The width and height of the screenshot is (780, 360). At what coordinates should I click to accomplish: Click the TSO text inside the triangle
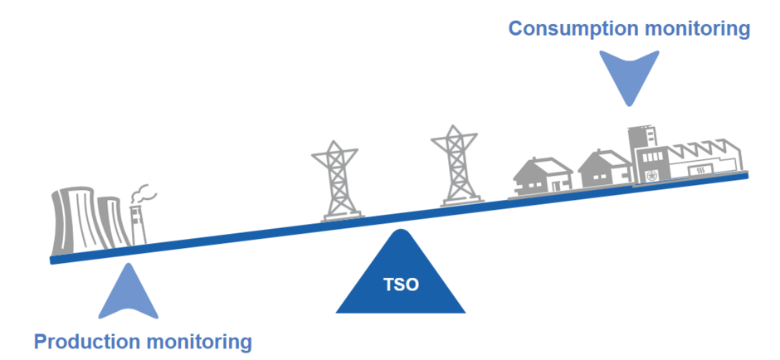coord(401,285)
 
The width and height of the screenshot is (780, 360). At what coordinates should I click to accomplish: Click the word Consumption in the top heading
coord(572,28)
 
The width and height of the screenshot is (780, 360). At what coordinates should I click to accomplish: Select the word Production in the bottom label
coord(87,342)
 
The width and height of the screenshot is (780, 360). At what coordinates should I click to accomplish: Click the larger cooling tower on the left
coord(74,220)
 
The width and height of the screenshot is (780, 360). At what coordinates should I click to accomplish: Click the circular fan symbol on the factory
coord(651,176)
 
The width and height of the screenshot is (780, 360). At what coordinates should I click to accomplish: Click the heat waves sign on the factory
coord(700,171)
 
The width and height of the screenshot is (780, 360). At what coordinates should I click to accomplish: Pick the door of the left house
coord(556,185)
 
